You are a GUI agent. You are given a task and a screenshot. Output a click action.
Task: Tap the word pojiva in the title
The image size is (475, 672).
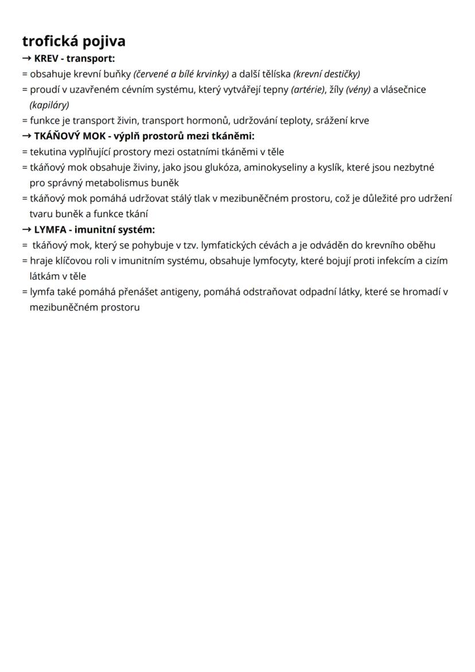coord(105,42)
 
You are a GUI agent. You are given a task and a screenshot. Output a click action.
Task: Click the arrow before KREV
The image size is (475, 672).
coord(27,58)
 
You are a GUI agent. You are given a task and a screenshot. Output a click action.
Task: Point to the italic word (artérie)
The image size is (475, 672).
coord(308,90)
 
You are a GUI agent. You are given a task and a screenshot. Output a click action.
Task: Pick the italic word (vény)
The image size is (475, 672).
coord(358,90)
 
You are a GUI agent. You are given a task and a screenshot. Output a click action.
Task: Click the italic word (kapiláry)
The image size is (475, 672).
coord(49,105)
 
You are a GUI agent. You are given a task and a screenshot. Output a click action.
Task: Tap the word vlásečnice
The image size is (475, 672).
coord(404,90)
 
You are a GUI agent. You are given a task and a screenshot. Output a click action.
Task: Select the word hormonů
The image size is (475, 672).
coord(207,121)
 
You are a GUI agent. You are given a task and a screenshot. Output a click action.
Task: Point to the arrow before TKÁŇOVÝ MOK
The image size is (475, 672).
coord(27,136)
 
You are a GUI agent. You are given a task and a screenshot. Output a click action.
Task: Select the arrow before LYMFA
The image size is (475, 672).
coord(27,229)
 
